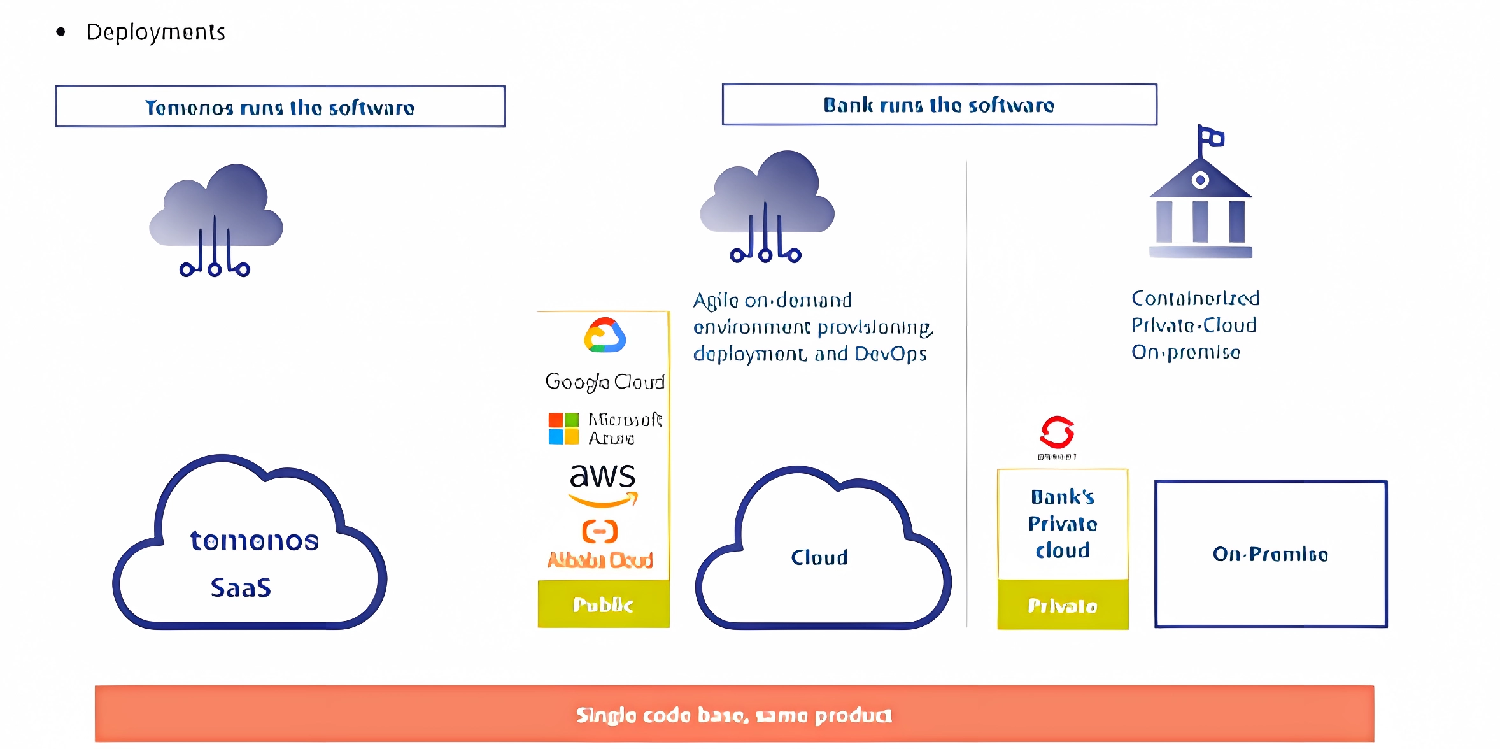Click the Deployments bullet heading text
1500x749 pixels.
155,32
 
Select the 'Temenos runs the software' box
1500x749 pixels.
280,107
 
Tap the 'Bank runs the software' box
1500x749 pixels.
939,104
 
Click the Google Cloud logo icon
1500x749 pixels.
605,336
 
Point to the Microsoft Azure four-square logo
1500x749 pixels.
563,428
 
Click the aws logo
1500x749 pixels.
602,484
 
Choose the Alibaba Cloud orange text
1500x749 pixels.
600,560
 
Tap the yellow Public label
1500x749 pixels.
603,604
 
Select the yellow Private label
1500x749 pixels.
1063,605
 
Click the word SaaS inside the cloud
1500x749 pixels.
241,587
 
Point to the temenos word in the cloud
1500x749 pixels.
254,541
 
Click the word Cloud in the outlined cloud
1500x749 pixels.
819,558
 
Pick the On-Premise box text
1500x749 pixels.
1270,554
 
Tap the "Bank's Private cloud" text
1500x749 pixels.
1063,524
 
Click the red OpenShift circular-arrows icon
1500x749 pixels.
1057,433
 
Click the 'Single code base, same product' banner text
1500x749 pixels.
734,715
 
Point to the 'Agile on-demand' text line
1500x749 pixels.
772,300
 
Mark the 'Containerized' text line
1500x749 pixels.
1195,298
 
